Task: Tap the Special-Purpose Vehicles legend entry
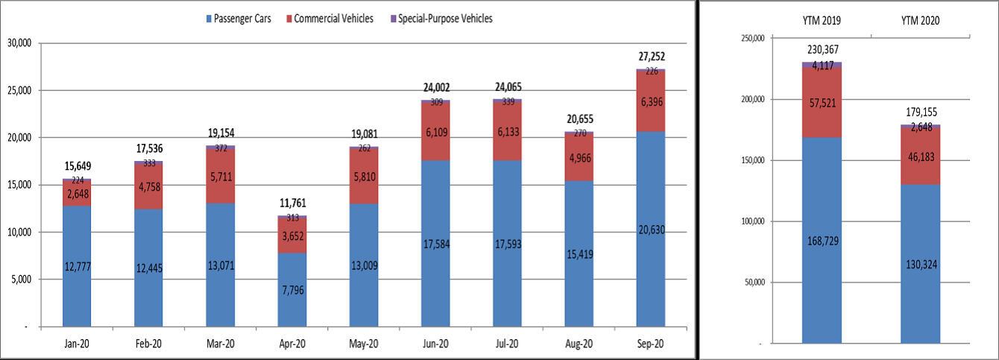(x=445, y=19)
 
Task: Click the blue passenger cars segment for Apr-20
(x=291, y=287)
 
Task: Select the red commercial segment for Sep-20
(x=650, y=101)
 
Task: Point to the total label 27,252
(x=651, y=56)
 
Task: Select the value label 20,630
(x=651, y=230)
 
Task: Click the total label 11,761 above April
(x=291, y=203)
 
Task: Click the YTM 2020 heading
(x=920, y=22)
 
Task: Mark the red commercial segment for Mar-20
(x=220, y=175)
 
